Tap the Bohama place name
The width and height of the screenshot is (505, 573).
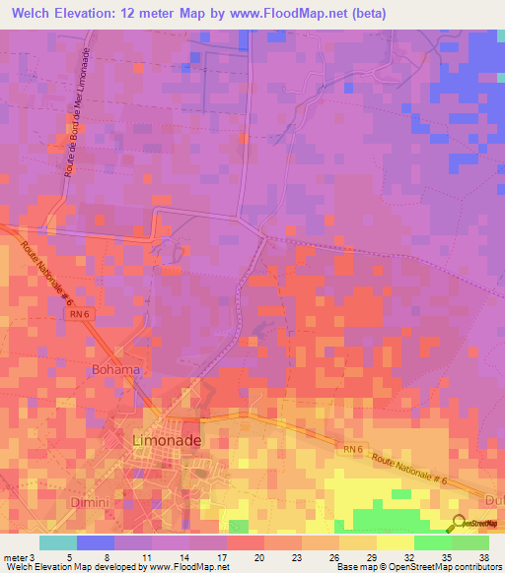[116, 370]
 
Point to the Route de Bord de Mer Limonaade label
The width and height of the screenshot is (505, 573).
[83, 124]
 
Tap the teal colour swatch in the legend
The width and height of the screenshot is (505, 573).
[58, 542]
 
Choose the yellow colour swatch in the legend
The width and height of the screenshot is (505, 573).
[396, 542]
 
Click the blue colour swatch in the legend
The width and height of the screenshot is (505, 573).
[96, 542]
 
